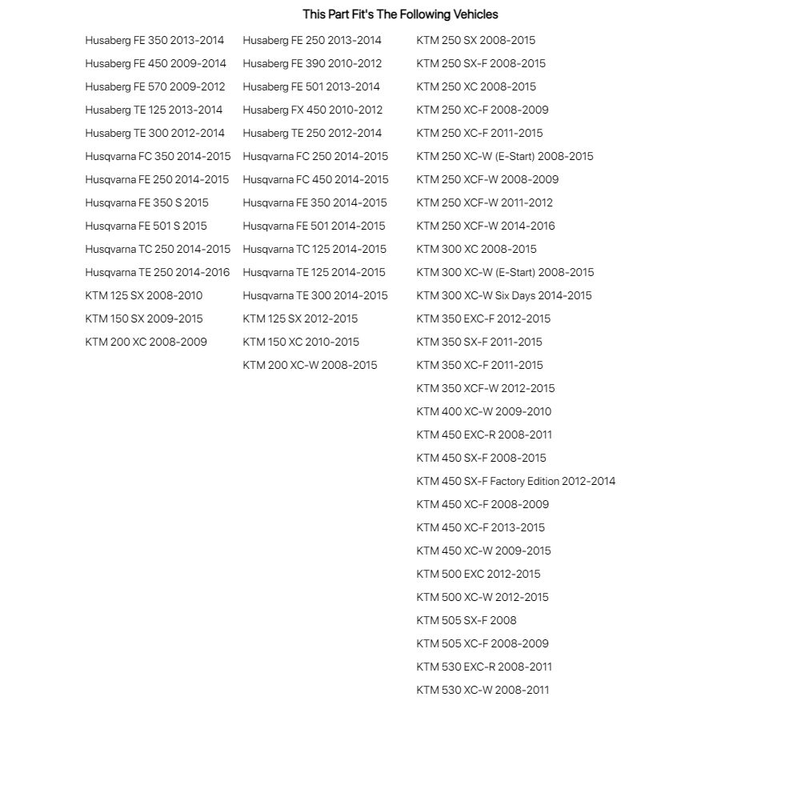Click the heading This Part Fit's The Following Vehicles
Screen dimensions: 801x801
pyautogui.click(x=400, y=14)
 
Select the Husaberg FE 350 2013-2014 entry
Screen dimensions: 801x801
pyautogui.click(x=154, y=40)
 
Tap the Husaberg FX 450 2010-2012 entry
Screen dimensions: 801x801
pyautogui.click(x=312, y=110)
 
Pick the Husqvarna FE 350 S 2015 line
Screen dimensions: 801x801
pyautogui.click(x=146, y=202)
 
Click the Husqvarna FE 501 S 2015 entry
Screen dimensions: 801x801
pyautogui.click(x=146, y=226)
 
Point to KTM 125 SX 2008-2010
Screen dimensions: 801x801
pyautogui.click(x=144, y=295)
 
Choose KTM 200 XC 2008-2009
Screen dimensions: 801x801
pyautogui.click(x=146, y=342)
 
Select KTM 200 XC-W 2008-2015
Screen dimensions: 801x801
pyautogui.click(x=310, y=365)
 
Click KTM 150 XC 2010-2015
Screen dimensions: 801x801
pyautogui.click(x=301, y=342)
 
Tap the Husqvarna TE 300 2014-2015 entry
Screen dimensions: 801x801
pyautogui.click(x=315, y=295)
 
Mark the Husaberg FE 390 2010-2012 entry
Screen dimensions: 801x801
pyautogui.click(x=312, y=63)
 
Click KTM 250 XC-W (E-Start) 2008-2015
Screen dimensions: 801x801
pyautogui.click(x=505, y=156)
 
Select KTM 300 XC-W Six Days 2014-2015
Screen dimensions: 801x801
pyautogui.click(x=504, y=295)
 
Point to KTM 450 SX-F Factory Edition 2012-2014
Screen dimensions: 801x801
pyautogui.click(x=516, y=481)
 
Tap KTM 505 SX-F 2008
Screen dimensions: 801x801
pyautogui.click(x=467, y=620)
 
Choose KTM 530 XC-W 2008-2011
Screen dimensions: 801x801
pyautogui.click(x=483, y=690)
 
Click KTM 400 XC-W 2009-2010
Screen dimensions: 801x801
pyautogui.click(x=483, y=411)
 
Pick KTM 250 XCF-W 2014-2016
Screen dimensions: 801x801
pyautogui.click(x=486, y=226)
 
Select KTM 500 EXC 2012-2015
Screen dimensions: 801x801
pyautogui.click(x=479, y=574)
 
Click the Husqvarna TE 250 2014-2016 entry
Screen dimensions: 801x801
pyautogui.click(x=158, y=272)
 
